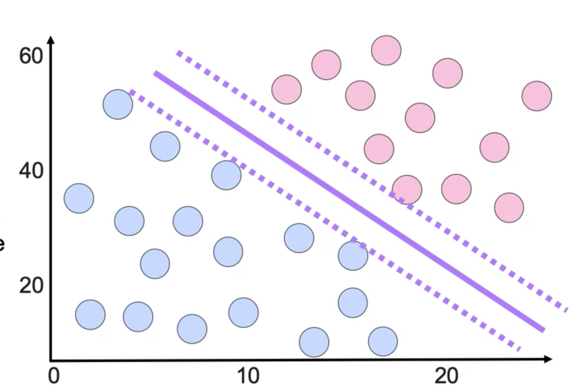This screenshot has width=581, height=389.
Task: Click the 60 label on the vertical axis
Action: click(31, 56)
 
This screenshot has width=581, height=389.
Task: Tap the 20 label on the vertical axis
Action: click(31, 285)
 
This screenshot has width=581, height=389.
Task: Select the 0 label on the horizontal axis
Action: click(54, 375)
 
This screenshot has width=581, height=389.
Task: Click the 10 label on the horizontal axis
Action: click(249, 375)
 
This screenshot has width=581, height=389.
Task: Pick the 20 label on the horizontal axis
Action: click(446, 375)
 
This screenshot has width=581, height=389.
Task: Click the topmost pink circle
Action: click(386, 50)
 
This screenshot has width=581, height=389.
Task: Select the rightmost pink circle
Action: click(536, 96)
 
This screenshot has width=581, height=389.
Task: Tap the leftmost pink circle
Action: click(287, 89)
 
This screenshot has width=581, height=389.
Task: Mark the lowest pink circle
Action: click(509, 208)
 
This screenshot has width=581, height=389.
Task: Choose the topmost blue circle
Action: click(118, 104)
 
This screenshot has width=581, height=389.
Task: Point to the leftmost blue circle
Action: click(79, 198)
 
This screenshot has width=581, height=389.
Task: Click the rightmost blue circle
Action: click(383, 342)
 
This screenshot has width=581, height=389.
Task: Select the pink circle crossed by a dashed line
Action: click(407, 190)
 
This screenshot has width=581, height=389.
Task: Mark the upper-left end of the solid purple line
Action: click(155, 73)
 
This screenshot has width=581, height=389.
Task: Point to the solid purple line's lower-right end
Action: click(544, 330)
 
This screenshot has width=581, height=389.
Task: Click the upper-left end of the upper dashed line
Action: click(178, 52)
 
